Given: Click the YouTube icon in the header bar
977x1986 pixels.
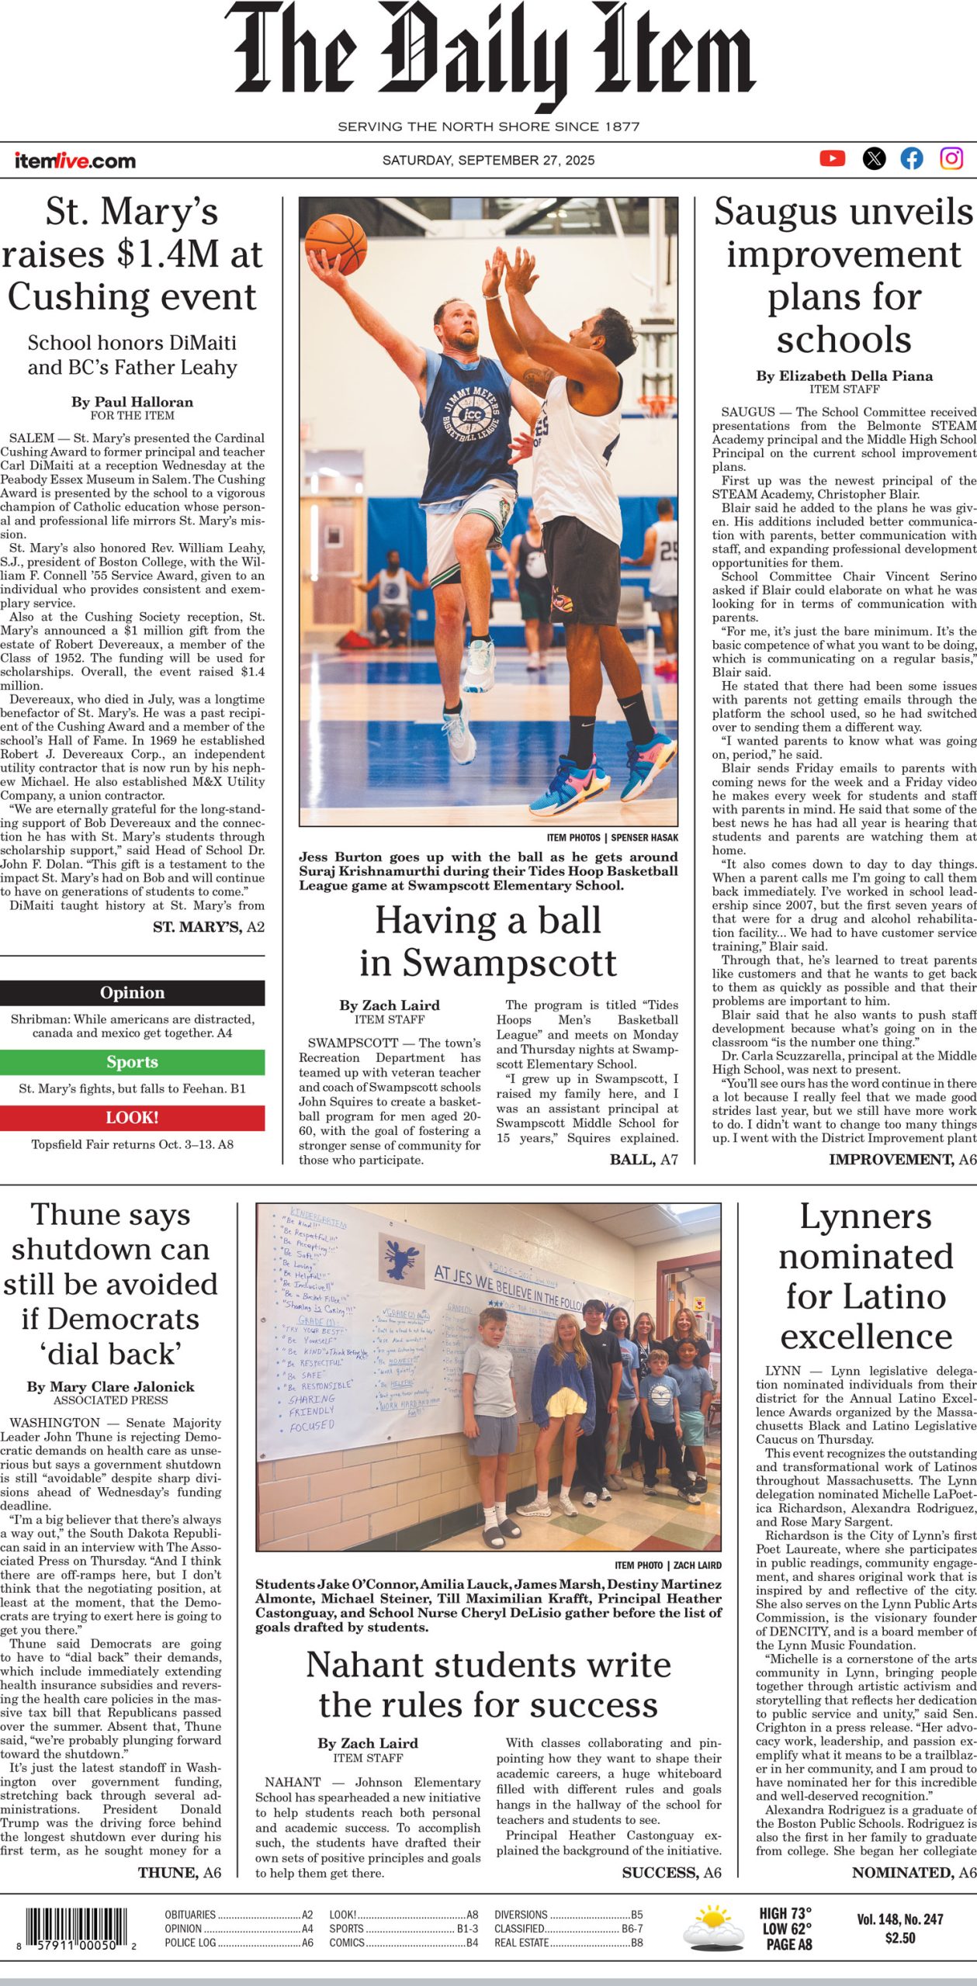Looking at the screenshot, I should click(832, 158).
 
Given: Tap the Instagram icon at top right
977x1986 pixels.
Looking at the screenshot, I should click(951, 158).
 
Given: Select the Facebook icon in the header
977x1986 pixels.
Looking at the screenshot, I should click(912, 158).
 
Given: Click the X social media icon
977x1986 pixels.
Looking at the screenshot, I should click(874, 158).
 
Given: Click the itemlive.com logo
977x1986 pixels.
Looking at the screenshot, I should click(75, 161).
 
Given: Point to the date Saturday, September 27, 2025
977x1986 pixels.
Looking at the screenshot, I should click(488, 161).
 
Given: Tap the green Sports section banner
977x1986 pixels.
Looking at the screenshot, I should click(132, 1062).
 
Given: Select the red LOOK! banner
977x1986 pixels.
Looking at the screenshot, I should click(132, 1117).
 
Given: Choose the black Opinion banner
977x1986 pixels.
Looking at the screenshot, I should click(132, 993).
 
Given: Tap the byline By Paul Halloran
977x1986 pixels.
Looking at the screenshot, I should click(132, 402).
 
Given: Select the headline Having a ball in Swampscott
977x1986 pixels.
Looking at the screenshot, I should click(488, 941).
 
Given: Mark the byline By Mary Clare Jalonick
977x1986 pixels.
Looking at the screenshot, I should click(110, 1386).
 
